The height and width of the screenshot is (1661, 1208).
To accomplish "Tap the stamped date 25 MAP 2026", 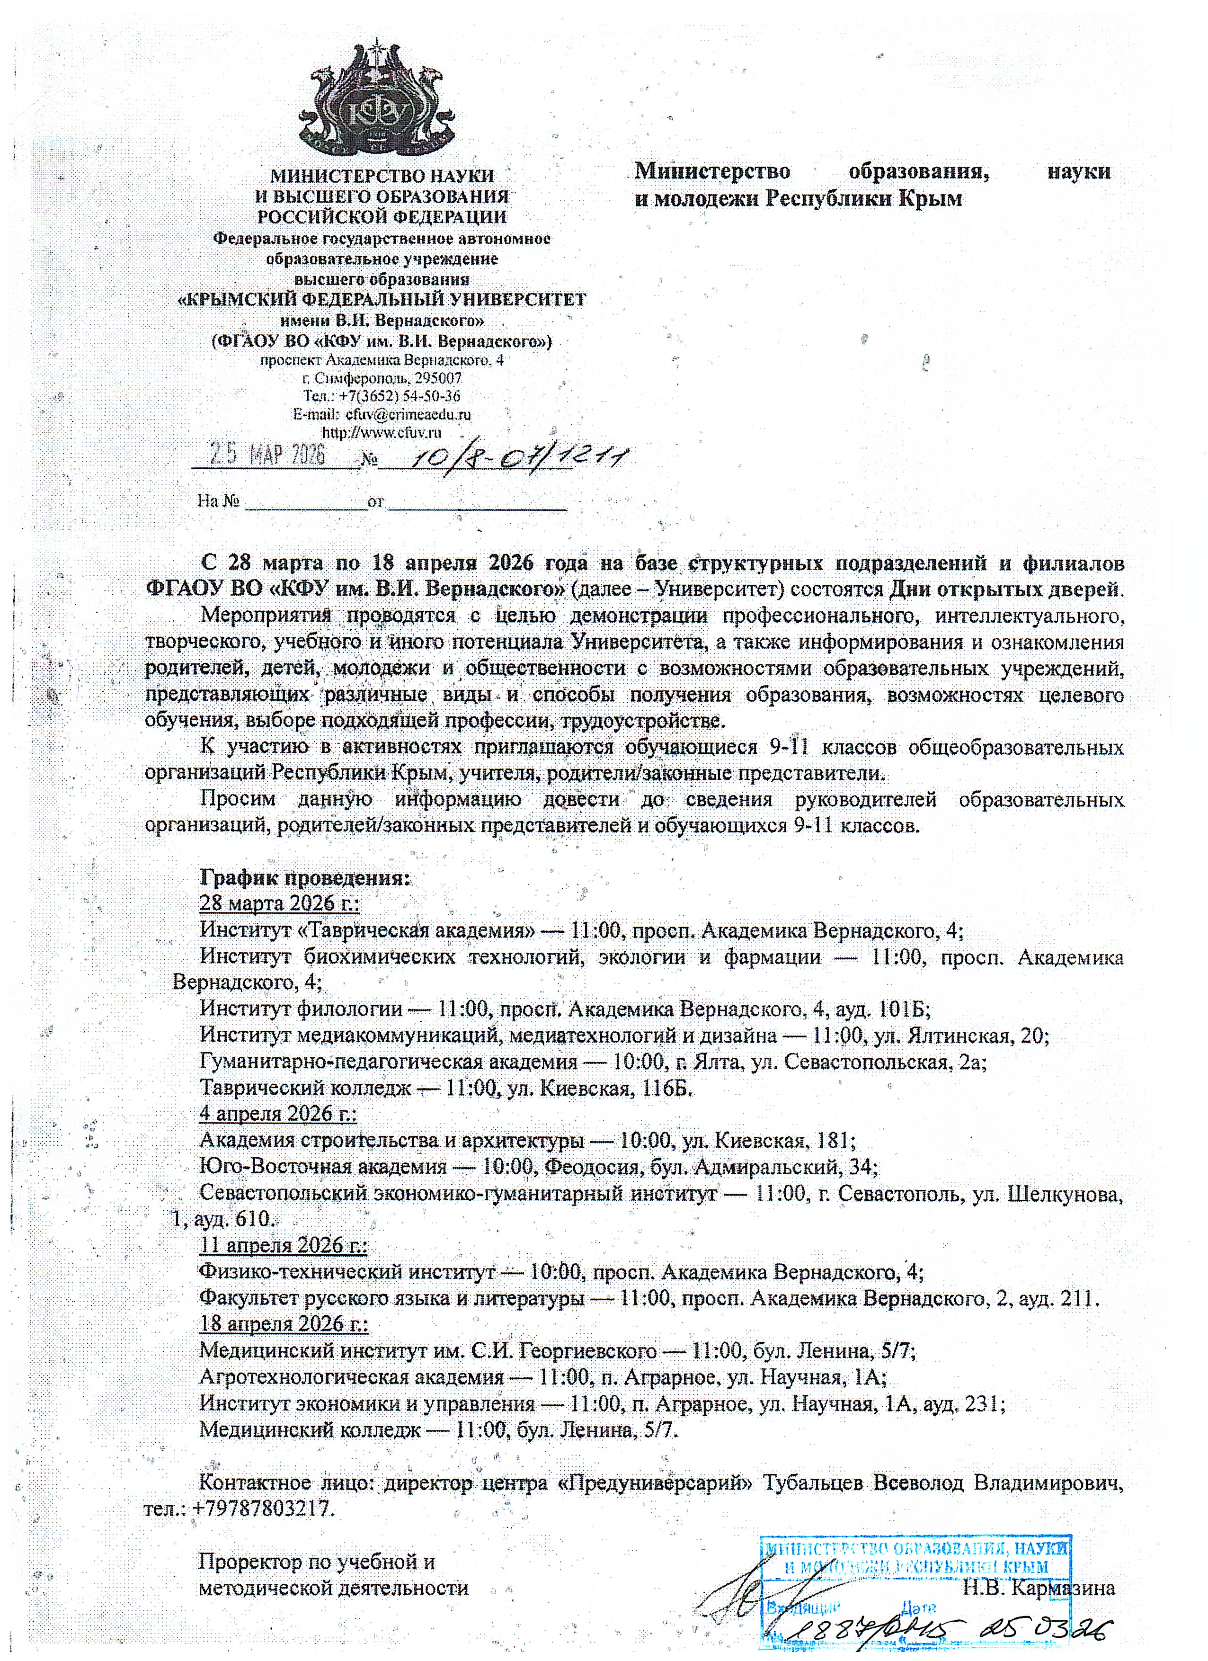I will coord(268,455).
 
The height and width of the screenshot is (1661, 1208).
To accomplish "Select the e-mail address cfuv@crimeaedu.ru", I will coord(408,414).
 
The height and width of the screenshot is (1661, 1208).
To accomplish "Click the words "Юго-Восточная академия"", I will coord(323,1167).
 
